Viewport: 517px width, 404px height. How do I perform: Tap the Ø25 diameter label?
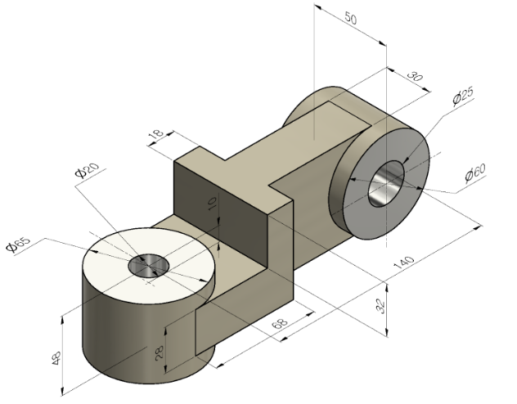[463, 99]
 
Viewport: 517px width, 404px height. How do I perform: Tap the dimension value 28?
[160, 352]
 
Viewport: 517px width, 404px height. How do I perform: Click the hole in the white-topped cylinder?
[148, 266]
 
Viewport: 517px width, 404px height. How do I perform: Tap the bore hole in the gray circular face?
[384, 186]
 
